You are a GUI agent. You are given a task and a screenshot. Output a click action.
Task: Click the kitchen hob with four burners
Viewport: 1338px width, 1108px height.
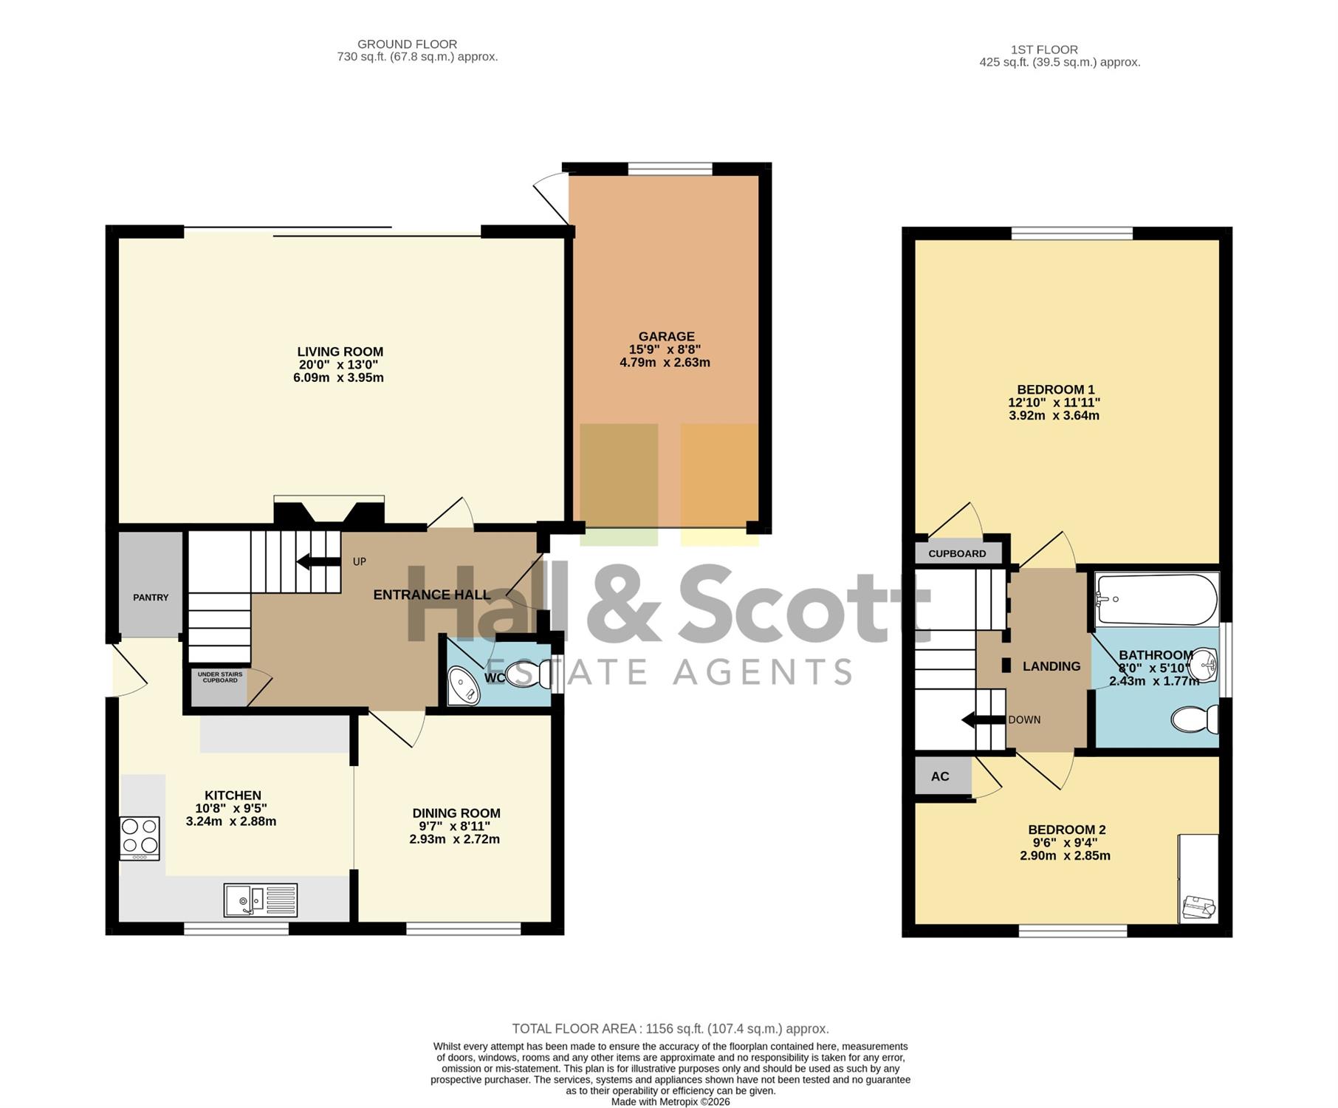(140, 838)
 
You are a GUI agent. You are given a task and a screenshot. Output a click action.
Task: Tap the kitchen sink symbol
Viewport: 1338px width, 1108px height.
(261, 900)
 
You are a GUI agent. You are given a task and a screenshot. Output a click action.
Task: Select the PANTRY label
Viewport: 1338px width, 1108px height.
(151, 598)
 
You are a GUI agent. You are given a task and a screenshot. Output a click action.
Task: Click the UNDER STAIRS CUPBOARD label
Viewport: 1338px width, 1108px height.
(220, 677)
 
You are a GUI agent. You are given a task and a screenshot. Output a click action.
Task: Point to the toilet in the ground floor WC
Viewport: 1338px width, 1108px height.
(529, 674)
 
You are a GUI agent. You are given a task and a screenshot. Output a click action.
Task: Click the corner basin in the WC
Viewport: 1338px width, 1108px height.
(464, 685)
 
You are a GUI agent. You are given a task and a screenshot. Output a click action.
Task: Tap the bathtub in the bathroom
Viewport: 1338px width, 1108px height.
(1156, 599)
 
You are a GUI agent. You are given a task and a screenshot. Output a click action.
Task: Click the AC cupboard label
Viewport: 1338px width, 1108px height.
(940, 776)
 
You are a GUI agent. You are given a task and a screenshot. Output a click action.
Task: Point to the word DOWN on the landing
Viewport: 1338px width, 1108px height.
(1024, 719)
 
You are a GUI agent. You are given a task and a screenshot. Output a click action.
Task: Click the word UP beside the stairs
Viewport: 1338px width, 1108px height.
(360, 561)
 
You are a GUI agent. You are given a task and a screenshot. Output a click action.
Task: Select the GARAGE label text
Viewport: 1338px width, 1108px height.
(667, 336)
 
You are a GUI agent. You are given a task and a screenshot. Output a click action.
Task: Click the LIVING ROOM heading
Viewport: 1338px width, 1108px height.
(340, 352)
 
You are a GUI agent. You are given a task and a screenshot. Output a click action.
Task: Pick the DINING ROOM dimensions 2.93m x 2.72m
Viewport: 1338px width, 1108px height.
(455, 839)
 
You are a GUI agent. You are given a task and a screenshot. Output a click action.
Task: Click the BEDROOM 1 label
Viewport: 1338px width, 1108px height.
(1056, 389)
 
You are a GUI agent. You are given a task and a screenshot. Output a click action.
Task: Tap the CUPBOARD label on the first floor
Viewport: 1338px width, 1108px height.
(957, 553)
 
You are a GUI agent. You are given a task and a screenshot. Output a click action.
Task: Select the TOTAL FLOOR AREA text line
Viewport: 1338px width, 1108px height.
(670, 1028)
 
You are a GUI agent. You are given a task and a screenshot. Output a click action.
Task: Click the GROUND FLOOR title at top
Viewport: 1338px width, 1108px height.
(408, 44)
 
